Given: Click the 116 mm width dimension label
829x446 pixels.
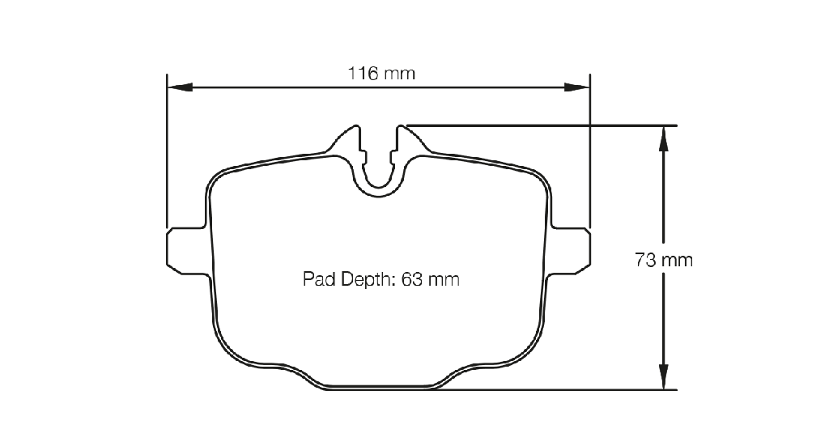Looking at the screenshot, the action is (x=381, y=74).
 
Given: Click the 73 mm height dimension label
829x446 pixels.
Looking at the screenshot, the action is (x=664, y=260).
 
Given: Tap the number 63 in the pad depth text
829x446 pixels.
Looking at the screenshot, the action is (x=412, y=279).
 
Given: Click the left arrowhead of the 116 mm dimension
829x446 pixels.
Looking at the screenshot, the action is (x=180, y=87).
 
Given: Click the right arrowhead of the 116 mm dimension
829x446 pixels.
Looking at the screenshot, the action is (x=576, y=87).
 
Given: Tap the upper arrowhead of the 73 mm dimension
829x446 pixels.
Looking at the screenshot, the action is (x=664, y=138).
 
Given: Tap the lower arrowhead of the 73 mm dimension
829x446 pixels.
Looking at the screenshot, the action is (x=664, y=376).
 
